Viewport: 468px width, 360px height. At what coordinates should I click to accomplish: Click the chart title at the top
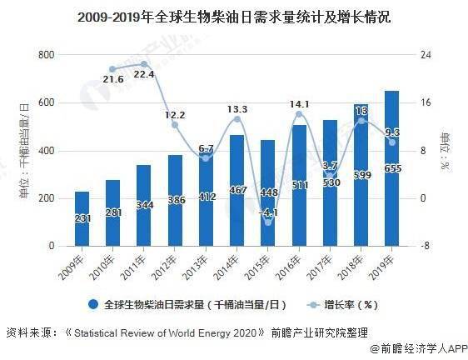pyautogui.click(x=234, y=17)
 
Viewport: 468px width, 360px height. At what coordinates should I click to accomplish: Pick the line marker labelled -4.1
pyautogui.click(x=268, y=222)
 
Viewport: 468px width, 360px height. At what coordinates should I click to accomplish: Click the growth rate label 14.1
pyautogui.click(x=297, y=104)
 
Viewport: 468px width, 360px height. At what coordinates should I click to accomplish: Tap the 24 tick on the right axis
pyautogui.click(x=426, y=55)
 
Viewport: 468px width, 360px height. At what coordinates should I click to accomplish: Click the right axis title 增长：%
pyautogui.click(x=445, y=150)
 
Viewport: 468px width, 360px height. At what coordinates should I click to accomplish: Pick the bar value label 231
pyautogui.click(x=82, y=218)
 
